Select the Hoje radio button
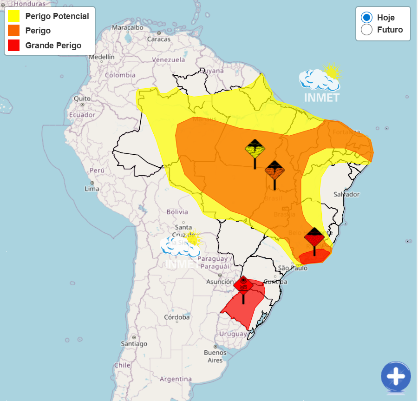[x=366, y=18]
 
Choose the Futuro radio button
[x=366, y=30]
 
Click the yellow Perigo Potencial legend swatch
[x=13, y=16]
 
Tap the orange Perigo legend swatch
[x=13, y=31]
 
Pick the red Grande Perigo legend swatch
[x=13, y=45]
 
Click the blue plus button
[x=396, y=376]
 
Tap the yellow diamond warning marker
[x=255, y=150]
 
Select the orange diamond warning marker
[x=274, y=171]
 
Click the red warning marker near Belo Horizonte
[x=314, y=238]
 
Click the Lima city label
[x=92, y=189]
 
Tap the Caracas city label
[x=159, y=39]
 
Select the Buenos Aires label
[x=215, y=356]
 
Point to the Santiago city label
[x=134, y=343]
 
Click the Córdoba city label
[x=177, y=317]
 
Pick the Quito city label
[x=82, y=99]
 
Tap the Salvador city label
[x=346, y=194]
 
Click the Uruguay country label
[x=233, y=334]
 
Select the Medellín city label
[x=101, y=57]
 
